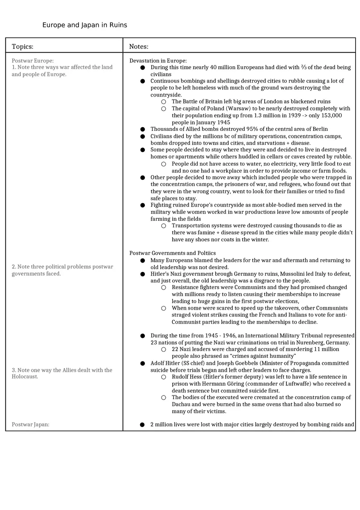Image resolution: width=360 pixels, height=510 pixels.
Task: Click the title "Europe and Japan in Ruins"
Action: coord(85,25)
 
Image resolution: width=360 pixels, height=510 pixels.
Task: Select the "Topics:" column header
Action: coord(22,47)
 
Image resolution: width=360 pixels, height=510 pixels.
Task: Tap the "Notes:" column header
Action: coord(139,47)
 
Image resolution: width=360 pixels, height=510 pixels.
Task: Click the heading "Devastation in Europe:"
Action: coord(158,61)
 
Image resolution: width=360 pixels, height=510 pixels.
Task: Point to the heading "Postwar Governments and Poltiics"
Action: coord(173,253)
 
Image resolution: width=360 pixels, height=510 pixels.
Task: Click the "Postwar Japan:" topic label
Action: coord(30,425)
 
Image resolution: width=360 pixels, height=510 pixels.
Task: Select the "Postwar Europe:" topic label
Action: coord(33,61)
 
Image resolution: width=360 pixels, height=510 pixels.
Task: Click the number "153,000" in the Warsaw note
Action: coord(331,115)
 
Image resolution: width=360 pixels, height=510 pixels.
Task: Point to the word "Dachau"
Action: coord(182,404)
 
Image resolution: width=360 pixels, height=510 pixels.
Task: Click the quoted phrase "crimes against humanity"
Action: coord(262,356)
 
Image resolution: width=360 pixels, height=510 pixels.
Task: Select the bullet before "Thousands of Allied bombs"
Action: coord(142,129)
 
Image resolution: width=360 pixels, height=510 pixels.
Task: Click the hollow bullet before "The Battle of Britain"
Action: coord(164,101)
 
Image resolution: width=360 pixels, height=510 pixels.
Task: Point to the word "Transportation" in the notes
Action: coord(192,226)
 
